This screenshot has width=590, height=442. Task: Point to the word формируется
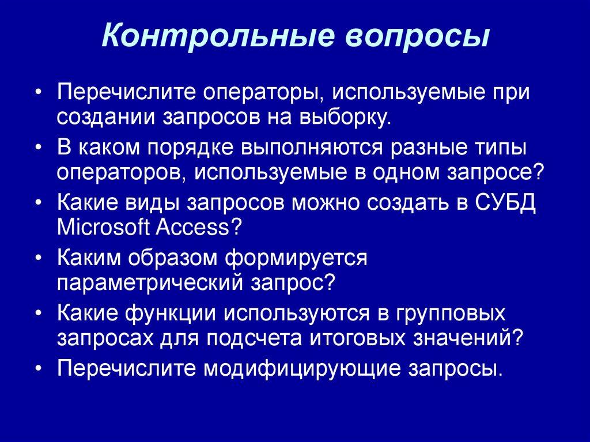point(296,258)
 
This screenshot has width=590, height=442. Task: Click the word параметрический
point(149,282)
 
